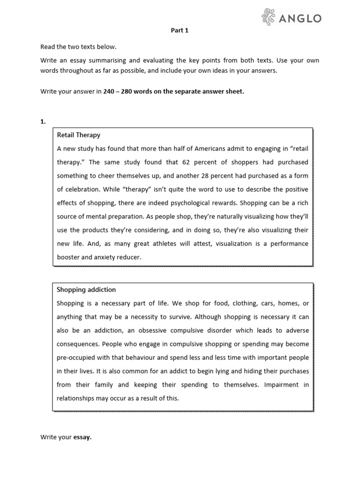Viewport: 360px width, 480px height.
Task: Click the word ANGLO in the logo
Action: click(301, 18)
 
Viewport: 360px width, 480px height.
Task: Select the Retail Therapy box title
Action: click(79, 135)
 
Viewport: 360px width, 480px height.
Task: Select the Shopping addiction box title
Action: click(86, 290)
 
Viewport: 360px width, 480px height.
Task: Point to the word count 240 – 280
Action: click(118, 92)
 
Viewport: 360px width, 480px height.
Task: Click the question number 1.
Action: click(43, 121)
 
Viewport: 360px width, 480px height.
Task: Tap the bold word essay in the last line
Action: click(82, 437)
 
